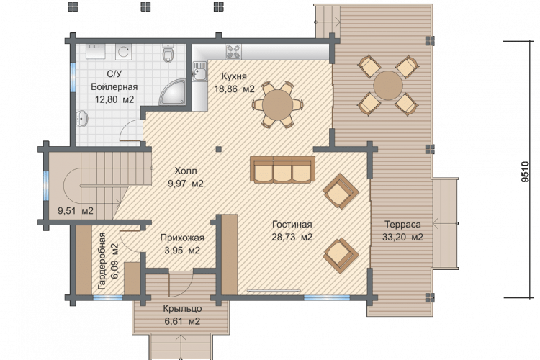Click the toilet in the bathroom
(x=168, y=53)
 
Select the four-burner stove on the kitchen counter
(x=233, y=52)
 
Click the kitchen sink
(x=199, y=71)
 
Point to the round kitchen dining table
(x=277, y=104)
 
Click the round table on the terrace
(x=388, y=86)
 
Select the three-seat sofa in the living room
(x=283, y=169)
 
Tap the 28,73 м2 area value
(x=292, y=237)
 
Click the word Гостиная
(x=292, y=224)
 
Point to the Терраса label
(x=402, y=224)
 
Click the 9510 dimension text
(x=524, y=171)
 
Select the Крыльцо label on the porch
(x=182, y=308)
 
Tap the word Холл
(x=186, y=171)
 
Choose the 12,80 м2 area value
(x=114, y=99)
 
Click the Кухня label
(x=234, y=76)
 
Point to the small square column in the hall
(x=218, y=149)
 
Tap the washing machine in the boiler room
(x=123, y=52)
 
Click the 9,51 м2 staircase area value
(x=76, y=210)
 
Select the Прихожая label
(x=182, y=238)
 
